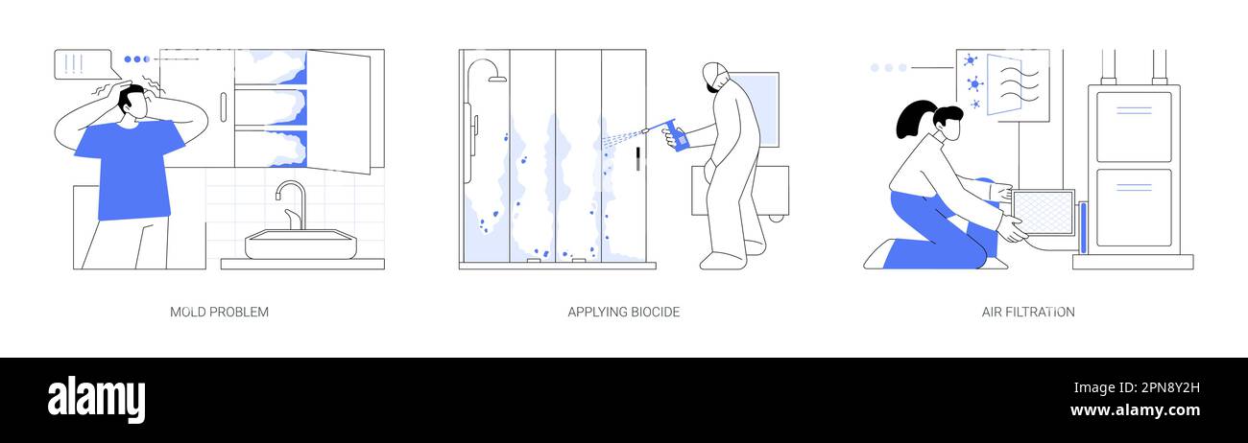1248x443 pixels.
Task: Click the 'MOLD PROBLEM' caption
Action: (219, 312)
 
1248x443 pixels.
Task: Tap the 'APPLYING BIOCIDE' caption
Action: (623, 312)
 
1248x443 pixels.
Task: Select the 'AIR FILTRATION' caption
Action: (1027, 312)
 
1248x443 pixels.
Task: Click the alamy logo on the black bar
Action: (96, 399)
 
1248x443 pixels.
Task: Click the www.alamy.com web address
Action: (1135, 410)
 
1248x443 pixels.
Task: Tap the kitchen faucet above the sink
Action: (293, 203)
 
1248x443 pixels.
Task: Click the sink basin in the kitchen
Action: (300, 245)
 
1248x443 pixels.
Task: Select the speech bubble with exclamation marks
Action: (82, 64)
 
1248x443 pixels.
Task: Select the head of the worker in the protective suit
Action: (715, 78)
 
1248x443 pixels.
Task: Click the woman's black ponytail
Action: (910, 120)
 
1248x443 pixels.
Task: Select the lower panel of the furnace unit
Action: (1133, 206)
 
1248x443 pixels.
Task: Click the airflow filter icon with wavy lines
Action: (1013, 84)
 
